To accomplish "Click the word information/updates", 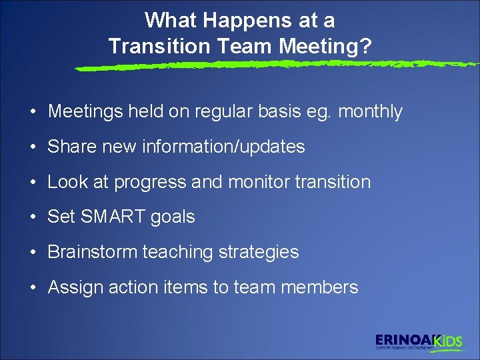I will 223,147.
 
